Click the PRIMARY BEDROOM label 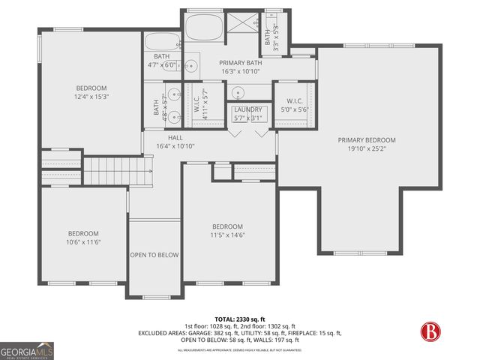point(366,140)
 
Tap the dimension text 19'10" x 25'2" point(366,148)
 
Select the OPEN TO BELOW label point(154,255)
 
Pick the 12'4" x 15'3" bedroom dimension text point(91,96)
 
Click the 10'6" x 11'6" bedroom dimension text point(83,241)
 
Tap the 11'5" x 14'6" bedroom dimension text point(226,235)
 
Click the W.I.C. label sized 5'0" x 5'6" point(293,109)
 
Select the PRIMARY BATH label point(239,63)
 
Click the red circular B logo point(429,331)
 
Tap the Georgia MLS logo point(26,350)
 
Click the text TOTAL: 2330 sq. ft point(239,319)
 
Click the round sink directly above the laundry point(239,94)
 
